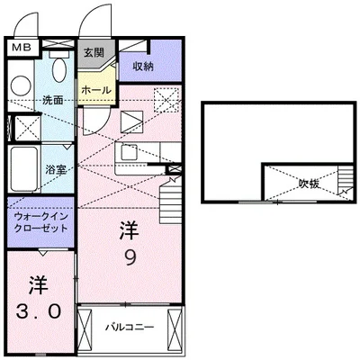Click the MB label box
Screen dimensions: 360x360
[22, 43]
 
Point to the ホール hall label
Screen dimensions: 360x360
[96, 91]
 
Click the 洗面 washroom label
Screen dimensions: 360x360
[52, 99]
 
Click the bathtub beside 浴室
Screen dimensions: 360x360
[26, 168]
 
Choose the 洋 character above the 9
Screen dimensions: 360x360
[130, 230]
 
